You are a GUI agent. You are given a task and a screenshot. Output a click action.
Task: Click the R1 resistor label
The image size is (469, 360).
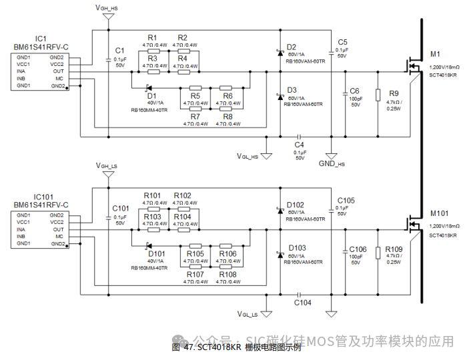point(152,37)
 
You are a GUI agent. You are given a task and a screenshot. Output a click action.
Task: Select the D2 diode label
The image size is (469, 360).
point(292,47)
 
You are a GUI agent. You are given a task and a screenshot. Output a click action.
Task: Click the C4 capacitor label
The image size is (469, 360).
point(299,144)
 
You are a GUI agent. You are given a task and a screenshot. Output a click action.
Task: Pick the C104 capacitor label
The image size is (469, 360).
point(303,302)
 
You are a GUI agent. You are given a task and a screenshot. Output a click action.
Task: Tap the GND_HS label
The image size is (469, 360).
point(332,163)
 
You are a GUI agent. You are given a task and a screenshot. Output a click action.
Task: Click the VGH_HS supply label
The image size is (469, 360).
point(107,7)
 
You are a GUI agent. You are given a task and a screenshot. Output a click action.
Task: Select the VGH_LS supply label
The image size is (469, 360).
point(107,165)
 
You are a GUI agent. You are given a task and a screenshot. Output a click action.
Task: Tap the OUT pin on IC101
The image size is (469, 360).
point(59,229)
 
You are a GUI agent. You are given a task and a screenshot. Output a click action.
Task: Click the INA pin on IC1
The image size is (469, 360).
point(21,71)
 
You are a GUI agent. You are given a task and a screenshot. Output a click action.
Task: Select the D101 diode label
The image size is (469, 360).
point(156,253)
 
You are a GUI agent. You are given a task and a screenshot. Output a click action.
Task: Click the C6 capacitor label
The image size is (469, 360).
point(354,91)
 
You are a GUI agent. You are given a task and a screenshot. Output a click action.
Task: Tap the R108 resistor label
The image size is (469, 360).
point(227,274)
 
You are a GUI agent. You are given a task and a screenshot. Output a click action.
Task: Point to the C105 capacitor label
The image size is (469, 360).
point(346,200)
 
